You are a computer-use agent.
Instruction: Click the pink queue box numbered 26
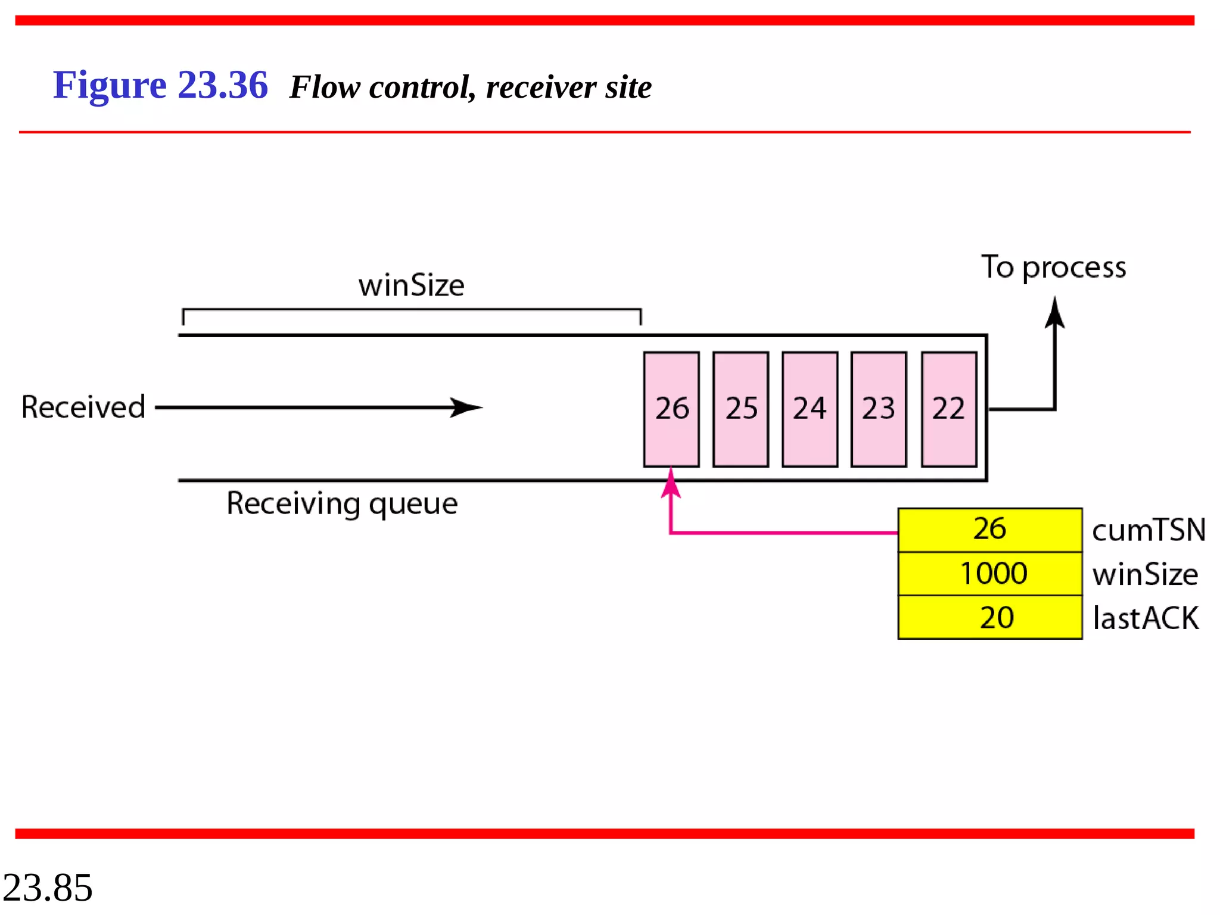pyautogui.click(x=671, y=409)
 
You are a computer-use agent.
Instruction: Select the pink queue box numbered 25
pyautogui.click(x=740, y=409)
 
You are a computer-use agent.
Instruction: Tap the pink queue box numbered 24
pyautogui.click(x=810, y=409)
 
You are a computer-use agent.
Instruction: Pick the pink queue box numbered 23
pyautogui.click(x=879, y=409)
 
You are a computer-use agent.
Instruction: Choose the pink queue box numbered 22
pyautogui.click(x=948, y=409)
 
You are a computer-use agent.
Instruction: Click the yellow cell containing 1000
pyautogui.click(x=989, y=574)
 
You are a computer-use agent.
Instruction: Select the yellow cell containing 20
pyautogui.click(x=989, y=617)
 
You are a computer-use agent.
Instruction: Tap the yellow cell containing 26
pyautogui.click(x=989, y=530)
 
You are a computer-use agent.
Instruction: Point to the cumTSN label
pyautogui.click(x=1148, y=530)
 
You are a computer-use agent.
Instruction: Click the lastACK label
pyautogui.click(x=1145, y=618)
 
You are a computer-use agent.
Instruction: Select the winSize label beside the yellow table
pyautogui.click(x=1144, y=574)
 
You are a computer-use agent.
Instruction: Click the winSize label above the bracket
pyautogui.click(x=411, y=285)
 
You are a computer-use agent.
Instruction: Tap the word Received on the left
pyautogui.click(x=83, y=407)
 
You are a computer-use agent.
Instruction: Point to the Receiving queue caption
pyautogui.click(x=342, y=504)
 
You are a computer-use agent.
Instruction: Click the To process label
pyautogui.click(x=1053, y=267)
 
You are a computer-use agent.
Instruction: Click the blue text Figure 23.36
pyautogui.click(x=160, y=85)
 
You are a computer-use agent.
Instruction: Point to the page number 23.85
pyautogui.click(x=48, y=888)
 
